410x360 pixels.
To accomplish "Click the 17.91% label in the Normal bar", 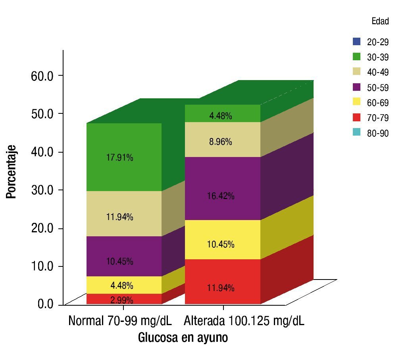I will (x=119, y=158).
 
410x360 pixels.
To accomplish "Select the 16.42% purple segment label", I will (x=221, y=196).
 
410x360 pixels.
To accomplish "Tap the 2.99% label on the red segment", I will (x=121, y=300).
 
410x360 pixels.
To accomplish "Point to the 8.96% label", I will (x=221, y=142).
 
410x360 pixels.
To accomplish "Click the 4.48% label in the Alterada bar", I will (x=221, y=116).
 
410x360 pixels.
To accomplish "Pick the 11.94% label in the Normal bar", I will (x=119, y=217).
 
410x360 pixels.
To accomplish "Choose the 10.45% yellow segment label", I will (x=221, y=244).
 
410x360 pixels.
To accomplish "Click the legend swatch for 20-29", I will (x=356, y=41).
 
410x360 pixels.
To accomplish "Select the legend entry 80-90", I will (x=377, y=134).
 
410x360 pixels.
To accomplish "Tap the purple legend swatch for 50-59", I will (x=356, y=87).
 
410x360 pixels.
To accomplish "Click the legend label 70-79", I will (x=377, y=118).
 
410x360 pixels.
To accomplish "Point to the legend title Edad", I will (x=380, y=22).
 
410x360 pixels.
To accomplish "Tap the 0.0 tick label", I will (x=45, y=304).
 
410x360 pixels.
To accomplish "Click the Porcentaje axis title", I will (x=11, y=171).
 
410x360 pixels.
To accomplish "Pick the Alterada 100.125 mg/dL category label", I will (x=244, y=320).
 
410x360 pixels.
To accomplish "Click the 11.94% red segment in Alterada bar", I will (x=221, y=288).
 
